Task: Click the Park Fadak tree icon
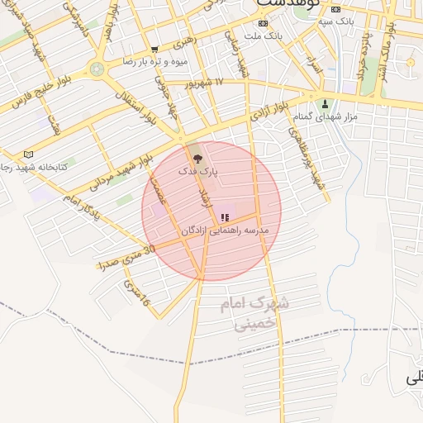point(197,157)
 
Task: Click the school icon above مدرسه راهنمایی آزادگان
point(224,218)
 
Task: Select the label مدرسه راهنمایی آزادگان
point(226,231)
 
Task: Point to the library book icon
point(30,154)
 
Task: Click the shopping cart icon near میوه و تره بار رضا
point(154,50)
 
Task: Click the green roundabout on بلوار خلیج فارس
point(97,69)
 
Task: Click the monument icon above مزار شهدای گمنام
point(325,104)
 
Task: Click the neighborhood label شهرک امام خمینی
point(255,314)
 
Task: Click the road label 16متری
point(136,292)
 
